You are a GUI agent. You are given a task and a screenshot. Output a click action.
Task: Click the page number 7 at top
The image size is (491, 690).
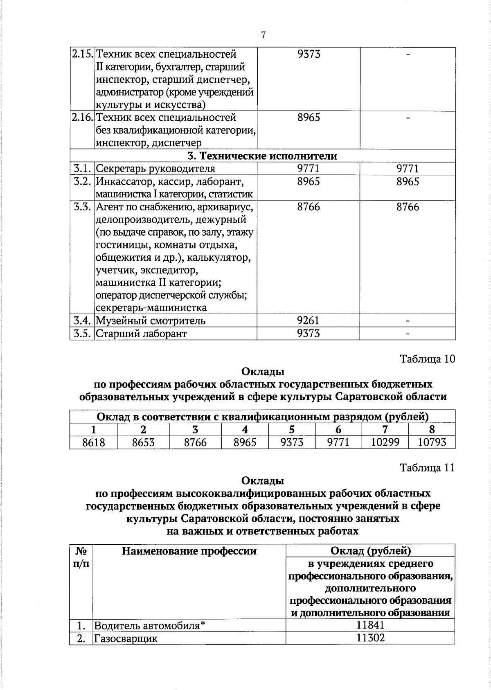point(263,36)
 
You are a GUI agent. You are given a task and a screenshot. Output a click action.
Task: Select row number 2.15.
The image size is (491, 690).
point(82,54)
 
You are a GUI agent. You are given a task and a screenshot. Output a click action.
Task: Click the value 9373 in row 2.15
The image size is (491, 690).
point(309,54)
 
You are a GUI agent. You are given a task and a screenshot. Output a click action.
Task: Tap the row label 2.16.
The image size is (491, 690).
point(82,118)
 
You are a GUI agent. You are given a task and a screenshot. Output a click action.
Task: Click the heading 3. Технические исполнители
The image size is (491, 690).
point(262,156)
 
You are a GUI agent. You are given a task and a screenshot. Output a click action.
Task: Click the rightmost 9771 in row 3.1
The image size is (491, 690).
point(407,169)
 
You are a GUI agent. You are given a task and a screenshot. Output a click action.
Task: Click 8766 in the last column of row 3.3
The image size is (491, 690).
point(407,207)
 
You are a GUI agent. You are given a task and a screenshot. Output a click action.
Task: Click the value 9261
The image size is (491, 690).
point(309,320)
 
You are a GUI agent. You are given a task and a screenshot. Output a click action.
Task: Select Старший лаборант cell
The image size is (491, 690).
point(141,334)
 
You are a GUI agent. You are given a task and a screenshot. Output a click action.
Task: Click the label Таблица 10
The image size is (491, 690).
point(427,359)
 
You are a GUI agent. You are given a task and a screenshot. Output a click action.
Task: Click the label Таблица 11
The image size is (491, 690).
point(427,468)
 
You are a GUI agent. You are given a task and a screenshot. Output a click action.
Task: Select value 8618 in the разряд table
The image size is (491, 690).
point(94,442)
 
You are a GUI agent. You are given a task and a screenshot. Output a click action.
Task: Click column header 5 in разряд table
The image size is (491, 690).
point(292,429)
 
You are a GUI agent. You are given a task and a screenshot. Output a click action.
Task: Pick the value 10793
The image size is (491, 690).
point(432,442)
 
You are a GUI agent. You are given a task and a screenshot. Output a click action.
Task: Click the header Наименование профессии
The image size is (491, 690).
point(189,551)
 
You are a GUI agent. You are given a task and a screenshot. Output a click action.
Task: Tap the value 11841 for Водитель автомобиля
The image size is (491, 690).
point(370,625)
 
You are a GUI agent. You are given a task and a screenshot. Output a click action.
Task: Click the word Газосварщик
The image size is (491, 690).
point(126,638)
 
